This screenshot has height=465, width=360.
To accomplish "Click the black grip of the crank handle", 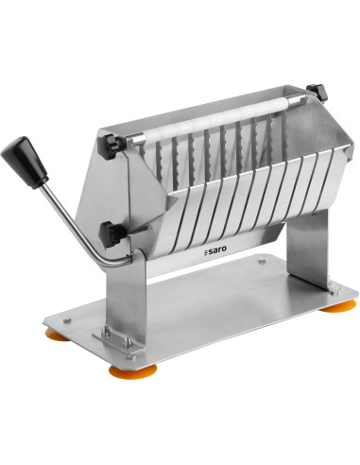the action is (26, 163).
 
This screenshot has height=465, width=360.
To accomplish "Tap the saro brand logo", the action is (215, 250).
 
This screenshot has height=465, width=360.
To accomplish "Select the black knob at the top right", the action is (317, 92).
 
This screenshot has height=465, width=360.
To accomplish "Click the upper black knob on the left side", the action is (113, 146).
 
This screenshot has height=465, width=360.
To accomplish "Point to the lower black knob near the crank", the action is (112, 233).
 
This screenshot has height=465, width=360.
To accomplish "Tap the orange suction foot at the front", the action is (132, 370).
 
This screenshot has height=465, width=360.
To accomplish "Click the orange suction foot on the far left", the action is (57, 334).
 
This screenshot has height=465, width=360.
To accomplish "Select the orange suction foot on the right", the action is (338, 306).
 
